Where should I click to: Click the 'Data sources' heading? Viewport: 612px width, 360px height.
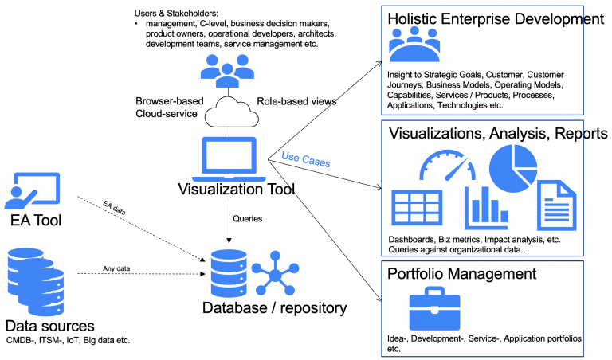(x=49, y=326)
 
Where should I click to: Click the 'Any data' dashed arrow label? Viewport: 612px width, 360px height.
(x=116, y=268)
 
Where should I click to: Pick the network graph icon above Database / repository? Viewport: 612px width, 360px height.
(x=276, y=273)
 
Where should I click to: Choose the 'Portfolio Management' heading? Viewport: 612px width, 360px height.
(x=461, y=275)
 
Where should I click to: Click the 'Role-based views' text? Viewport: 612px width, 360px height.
(x=295, y=101)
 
